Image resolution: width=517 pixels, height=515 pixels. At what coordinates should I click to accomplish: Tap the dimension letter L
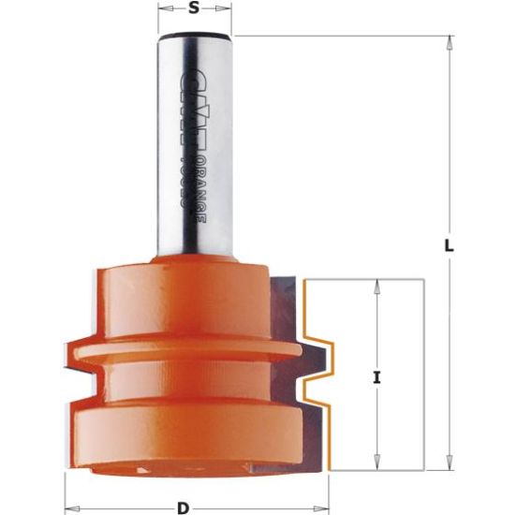[x=449, y=246]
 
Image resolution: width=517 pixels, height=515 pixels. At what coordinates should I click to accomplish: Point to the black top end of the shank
[x=194, y=37]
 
